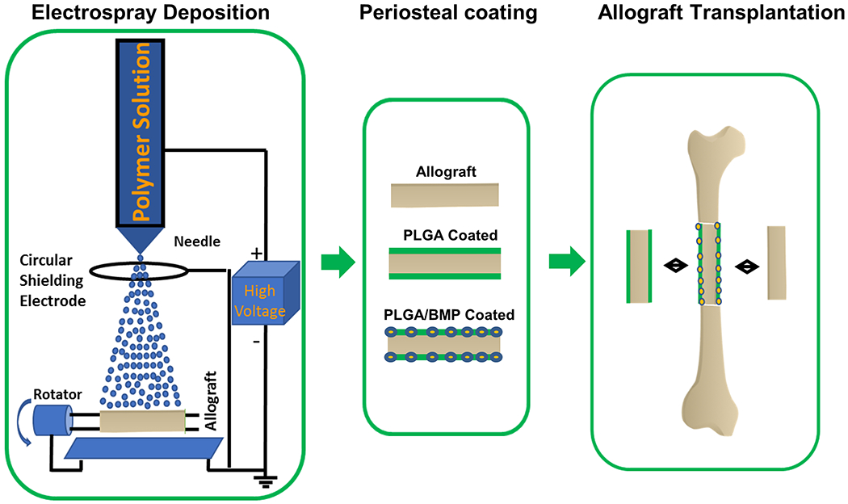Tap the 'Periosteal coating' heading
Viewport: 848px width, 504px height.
pyautogui.click(x=447, y=14)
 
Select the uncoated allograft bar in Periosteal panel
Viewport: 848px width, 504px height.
pyautogui.click(x=445, y=195)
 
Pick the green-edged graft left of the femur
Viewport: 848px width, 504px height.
pyautogui.click(x=640, y=266)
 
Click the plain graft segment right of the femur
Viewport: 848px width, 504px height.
pyautogui.click(x=777, y=264)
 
